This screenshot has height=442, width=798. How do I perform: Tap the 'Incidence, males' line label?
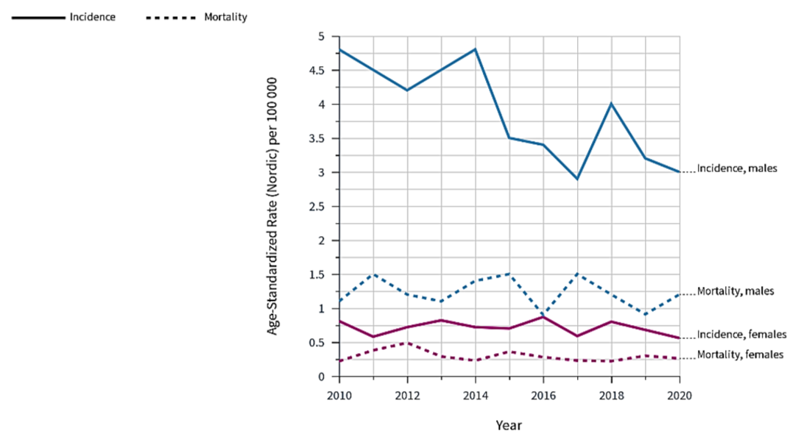coord(737,169)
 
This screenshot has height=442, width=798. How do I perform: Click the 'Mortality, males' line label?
coord(735,291)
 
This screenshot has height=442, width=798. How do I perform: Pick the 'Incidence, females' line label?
coord(742,335)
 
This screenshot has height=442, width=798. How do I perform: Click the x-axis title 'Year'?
coord(509,425)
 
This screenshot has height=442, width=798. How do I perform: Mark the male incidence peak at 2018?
coord(611,104)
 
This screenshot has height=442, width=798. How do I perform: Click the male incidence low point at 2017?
coord(577,179)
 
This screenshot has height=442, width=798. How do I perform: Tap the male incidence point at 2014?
coord(475,49)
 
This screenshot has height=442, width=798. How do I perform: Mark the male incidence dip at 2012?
coord(407,90)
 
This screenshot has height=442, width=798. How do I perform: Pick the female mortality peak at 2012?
coord(407,343)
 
